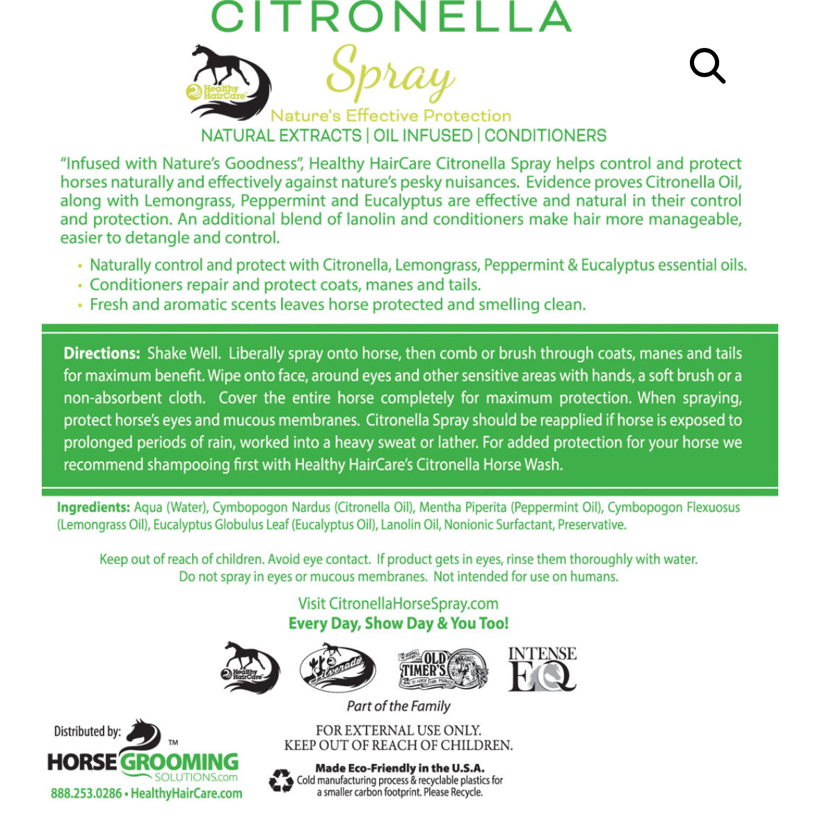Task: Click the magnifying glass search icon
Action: point(707,65)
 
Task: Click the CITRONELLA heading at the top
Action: point(391,17)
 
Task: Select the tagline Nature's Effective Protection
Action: point(390,115)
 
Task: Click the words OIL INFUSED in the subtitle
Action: point(423,136)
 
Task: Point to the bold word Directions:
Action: point(102,353)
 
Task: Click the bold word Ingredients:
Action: point(93,507)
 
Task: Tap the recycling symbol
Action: point(281,781)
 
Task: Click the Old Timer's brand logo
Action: point(443,669)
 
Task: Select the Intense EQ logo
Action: point(542,669)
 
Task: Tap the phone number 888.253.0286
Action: point(86,793)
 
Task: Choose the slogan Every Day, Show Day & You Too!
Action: point(399,624)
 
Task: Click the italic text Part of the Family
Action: point(399,706)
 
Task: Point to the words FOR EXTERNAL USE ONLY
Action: point(398,730)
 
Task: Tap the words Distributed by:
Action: point(88,731)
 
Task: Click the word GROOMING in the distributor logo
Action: point(179,762)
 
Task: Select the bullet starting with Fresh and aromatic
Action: point(337,304)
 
